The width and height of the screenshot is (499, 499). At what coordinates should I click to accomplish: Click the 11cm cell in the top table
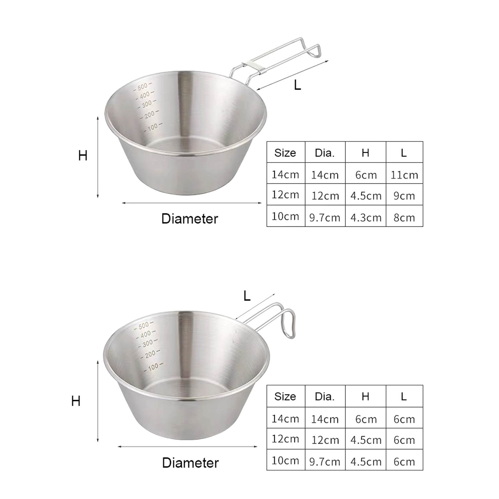404,175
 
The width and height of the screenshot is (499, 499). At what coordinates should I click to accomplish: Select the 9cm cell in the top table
404,196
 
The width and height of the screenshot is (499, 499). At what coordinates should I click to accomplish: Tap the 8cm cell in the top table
404,217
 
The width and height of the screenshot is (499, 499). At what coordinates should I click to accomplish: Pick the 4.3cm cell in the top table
366,217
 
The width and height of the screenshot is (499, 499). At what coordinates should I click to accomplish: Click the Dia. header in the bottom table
325,396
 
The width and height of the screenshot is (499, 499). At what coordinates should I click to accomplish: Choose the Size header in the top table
285,153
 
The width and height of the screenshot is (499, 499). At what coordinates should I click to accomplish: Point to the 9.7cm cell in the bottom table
325,462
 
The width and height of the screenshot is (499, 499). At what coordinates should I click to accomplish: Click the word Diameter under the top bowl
190,219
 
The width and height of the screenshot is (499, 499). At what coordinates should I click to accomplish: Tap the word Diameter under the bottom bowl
190,463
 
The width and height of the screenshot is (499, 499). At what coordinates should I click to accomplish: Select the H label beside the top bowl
83,155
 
